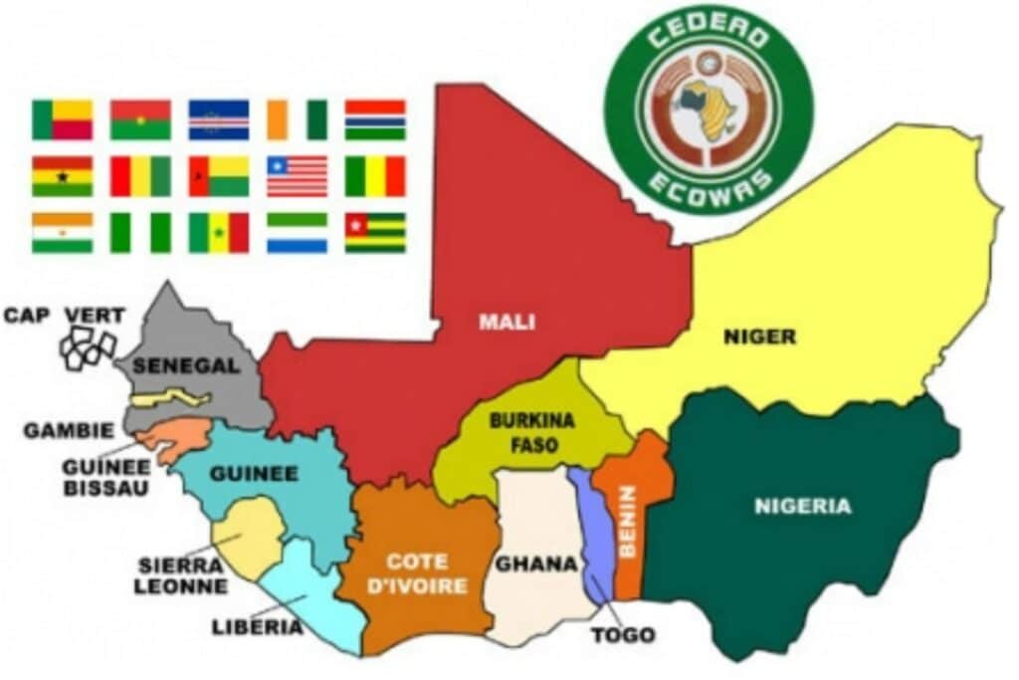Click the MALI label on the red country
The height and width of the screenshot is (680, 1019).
pos(507,322)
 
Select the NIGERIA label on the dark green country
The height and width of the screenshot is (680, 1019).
pos(802,506)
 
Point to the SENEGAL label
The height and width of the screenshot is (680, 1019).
pos(186,365)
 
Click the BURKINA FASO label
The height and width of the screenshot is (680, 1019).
pos(531,432)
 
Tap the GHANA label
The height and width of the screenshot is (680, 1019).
pos(536,564)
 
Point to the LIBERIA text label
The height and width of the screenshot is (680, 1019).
pos(257,626)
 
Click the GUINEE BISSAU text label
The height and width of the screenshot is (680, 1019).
pos(103,476)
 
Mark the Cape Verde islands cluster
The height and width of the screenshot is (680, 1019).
pos(88,346)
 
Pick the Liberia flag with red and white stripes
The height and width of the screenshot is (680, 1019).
pos(297,176)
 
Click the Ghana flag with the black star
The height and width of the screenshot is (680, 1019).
pos(62,176)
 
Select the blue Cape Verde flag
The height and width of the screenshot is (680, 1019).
pos(219,119)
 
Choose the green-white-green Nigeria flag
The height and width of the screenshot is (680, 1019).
pos(140,233)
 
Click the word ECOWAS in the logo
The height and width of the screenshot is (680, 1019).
pos(708,189)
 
